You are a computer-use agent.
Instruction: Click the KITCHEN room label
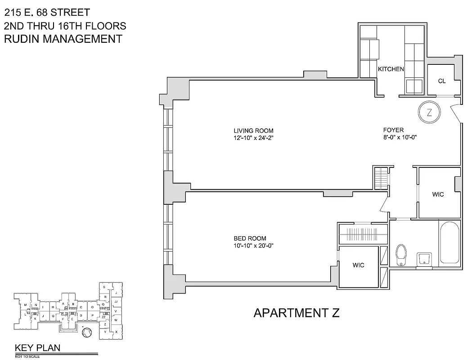[391, 69]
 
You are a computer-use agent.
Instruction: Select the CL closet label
[442, 81]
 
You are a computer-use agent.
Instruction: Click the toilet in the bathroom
[401, 255]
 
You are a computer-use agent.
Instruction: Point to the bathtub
[450, 243]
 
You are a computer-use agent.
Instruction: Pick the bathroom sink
[424, 259]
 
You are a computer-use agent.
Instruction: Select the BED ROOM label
[250, 238]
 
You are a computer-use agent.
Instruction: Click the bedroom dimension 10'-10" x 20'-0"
[254, 246]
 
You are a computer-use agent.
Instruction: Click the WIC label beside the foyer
[438, 194]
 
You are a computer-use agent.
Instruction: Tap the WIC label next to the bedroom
[358, 265]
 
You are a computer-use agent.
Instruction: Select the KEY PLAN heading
[38, 347]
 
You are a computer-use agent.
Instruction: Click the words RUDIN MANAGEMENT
[63, 39]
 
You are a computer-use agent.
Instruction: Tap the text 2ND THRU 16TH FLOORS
[65, 26]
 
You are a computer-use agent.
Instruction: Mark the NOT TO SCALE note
[27, 356]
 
